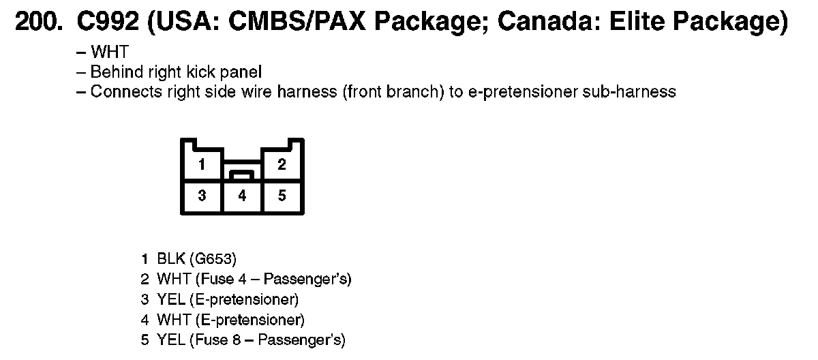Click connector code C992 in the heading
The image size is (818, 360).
coord(107,23)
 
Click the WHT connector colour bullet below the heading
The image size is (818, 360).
coord(109,52)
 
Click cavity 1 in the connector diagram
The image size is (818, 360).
coord(202,164)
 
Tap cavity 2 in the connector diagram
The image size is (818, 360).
coord(282,164)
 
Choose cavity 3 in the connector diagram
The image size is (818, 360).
coord(202,196)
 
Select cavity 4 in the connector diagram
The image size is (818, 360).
coord(242,196)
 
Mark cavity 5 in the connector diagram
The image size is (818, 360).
coord(282,196)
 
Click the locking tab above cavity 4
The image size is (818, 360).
coord(242,175)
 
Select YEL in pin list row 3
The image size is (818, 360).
coord(170,300)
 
